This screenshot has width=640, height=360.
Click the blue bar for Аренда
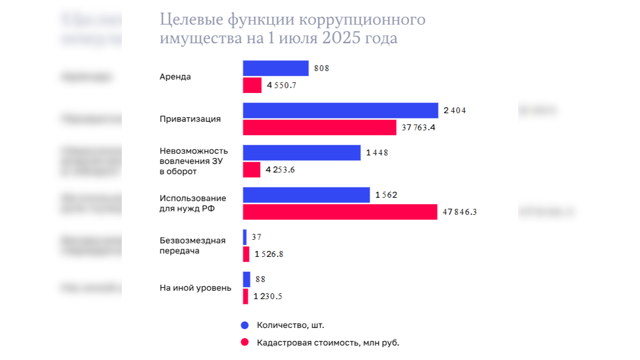[276, 68]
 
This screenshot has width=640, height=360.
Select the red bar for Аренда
[252, 85]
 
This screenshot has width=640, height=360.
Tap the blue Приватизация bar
[341, 111]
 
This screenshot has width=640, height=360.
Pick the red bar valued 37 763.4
[319, 128]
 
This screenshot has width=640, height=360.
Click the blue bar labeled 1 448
[302, 153]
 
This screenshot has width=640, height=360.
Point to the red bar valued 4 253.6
[252, 170]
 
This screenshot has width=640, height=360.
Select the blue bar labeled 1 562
[306, 195]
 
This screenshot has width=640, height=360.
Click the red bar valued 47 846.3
[340, 212]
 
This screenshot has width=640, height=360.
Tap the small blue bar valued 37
[245, 237]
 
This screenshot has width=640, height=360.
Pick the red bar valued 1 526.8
[246, 254]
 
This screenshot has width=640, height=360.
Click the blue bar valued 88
[246, 279]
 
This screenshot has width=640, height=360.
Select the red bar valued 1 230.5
[245, 296]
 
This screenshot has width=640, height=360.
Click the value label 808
[322, 68]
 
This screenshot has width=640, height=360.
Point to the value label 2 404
[455, 111]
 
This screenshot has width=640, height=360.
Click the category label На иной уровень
[196, 288]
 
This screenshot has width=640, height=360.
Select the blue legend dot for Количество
[245, 325]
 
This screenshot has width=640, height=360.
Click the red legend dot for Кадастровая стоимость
[245, 342]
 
